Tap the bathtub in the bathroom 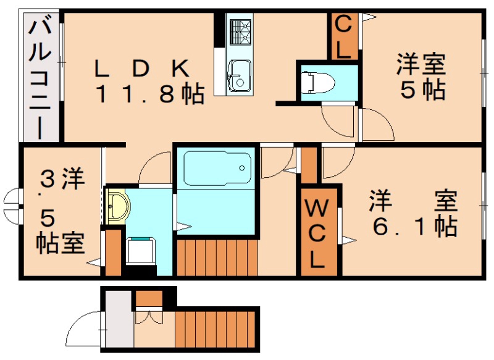(216, 166)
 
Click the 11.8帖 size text (148, 94)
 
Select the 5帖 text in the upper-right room (422, 91)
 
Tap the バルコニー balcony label (40, 77)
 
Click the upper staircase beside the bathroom (216, 256)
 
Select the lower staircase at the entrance (215, 329)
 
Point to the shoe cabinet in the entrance (148, 298)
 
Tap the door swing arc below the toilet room (337, 120)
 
